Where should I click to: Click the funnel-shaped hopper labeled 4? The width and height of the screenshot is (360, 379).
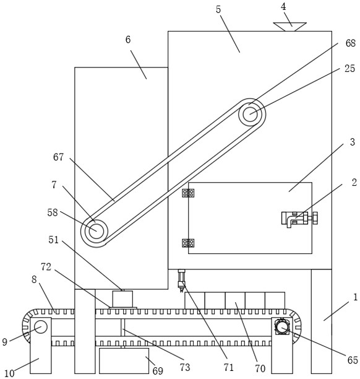289,27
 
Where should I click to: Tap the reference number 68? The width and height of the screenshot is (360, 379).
350,43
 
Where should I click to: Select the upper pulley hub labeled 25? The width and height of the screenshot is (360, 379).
250,115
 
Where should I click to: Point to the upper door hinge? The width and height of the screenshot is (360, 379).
188,193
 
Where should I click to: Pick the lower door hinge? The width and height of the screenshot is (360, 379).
188,243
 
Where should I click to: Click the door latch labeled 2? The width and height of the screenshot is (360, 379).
299,219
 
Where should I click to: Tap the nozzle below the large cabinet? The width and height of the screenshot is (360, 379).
181,281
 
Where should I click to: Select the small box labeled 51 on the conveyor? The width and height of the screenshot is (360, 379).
122,298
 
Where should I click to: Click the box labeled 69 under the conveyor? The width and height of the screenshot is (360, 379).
124,360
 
